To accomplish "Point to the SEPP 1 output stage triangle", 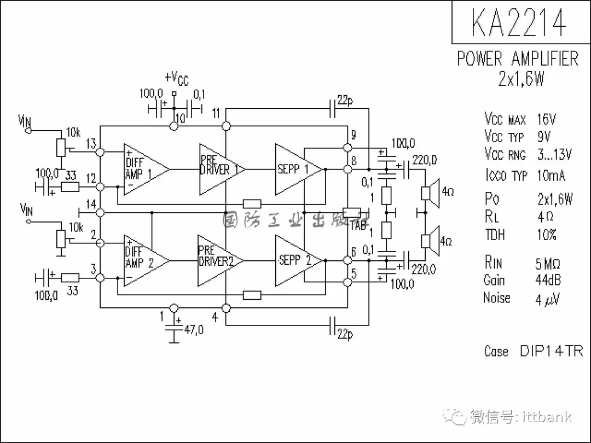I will click(x=296, y=170).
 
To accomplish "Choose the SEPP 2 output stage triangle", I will click(x=296, y=261).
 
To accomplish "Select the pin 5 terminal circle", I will click(x=346, y=282).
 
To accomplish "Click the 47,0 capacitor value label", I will click(x=193, y=330).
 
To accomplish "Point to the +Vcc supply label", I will click(x=176, y=79).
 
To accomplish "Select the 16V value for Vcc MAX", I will click(x=547, y=119).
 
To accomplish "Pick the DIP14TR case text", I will click(x=551, y=351).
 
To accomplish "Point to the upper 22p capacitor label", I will click(x=345, y=100).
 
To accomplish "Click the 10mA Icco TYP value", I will click(x=552, y=176).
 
